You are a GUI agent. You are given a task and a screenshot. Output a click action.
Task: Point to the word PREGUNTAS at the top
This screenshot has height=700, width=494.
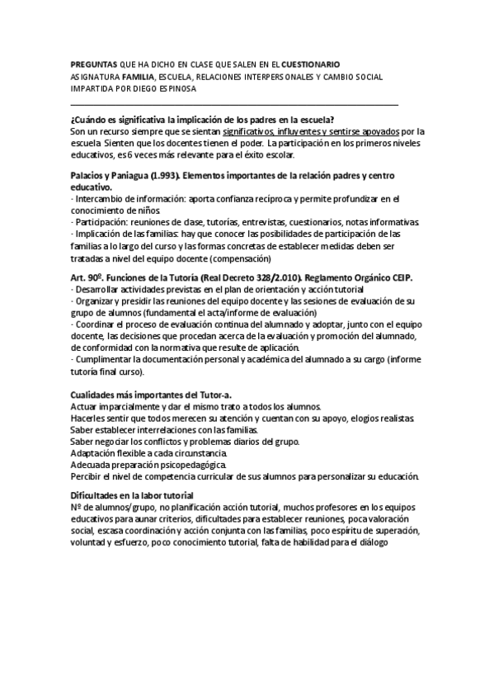coord(94,64)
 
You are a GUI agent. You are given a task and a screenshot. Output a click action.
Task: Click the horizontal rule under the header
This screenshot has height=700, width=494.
coord(234,105)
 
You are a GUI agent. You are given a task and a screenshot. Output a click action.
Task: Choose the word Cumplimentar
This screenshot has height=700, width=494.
coord(105,360)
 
